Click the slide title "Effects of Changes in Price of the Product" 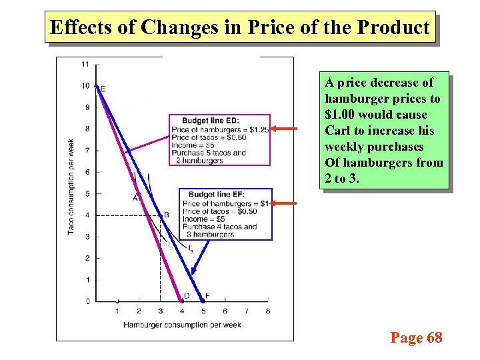[x=240, y=27]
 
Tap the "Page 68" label [x=416, y=338]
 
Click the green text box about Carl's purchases [x=383, y=131]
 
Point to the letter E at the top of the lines [x=103, y=88]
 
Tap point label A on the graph [x=135, y=197]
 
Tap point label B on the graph [x=166, y=215]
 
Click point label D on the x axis [x=186, y=295]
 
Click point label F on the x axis [x=207, y=295]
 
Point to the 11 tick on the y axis [x=85, y=64]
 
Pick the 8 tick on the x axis [x=268, y=311]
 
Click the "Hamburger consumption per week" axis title [x=181, y=325]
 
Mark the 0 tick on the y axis [x=87, y=301]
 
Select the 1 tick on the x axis [x=117, y=311]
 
